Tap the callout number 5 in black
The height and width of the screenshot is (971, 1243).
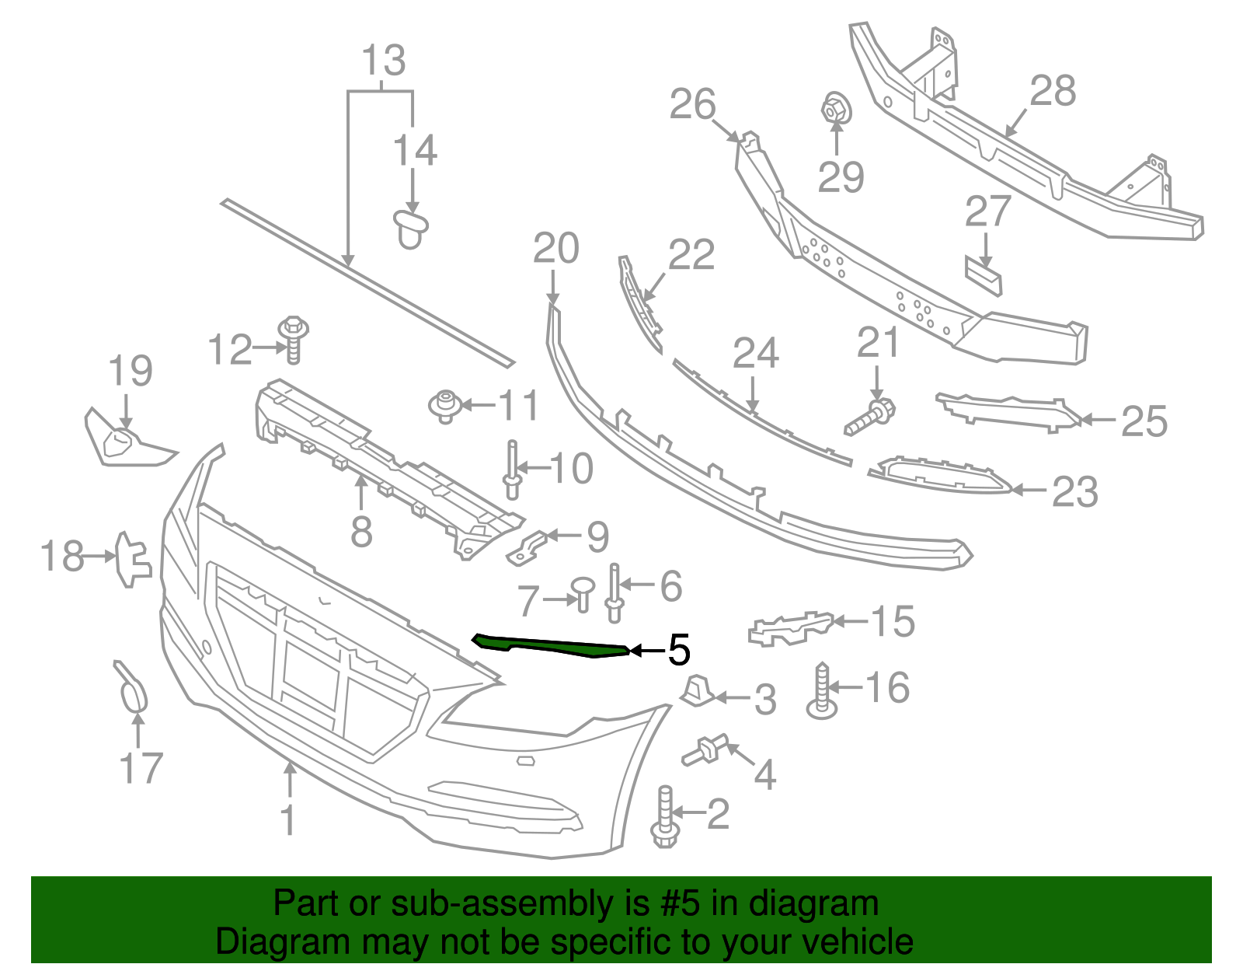pos(678,650)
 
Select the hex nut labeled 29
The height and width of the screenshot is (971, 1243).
pos(836,109)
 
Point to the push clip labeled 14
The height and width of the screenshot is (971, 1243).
pos(410,228)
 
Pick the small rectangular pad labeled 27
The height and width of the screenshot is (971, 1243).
pos(984,275)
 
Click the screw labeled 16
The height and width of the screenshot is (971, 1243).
pos(822,690)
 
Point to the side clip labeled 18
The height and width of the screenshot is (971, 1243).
pos(131,558)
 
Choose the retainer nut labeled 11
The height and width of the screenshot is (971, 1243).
pos(445,406)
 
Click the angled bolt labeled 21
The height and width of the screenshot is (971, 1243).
pos(870,417)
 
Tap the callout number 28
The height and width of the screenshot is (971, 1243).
pos(1053,91)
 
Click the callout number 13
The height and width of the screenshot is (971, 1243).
pos(384,60)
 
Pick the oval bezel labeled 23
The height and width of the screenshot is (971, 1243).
pos(940,475)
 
